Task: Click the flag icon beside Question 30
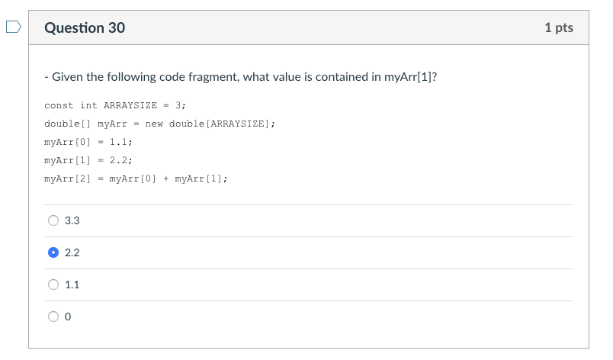click(x=13, y=28)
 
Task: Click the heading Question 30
click(x=85, y=28)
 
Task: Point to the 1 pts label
click(x=559, y=28)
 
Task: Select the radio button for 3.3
click(x=53, y=220)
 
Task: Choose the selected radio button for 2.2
click(x=53, y=252)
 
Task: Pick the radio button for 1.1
click(x=53, y=284)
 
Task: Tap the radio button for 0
click(x=53, y=317)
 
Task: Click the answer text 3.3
click(x=72, y=220)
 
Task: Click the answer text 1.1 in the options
click(x=72, y=284)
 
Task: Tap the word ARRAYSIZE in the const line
click(x=130, y=105)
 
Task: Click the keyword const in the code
click(x=59, y=105)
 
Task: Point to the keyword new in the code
click(x=154, y=124)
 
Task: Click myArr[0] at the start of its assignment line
click(x=68, y=142)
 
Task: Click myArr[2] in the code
click(x=68, y=178)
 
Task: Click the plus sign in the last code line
click(x=165, y=178)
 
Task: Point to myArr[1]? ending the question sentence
click(x=416, y=77)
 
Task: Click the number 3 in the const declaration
click(x=178, y=105)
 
